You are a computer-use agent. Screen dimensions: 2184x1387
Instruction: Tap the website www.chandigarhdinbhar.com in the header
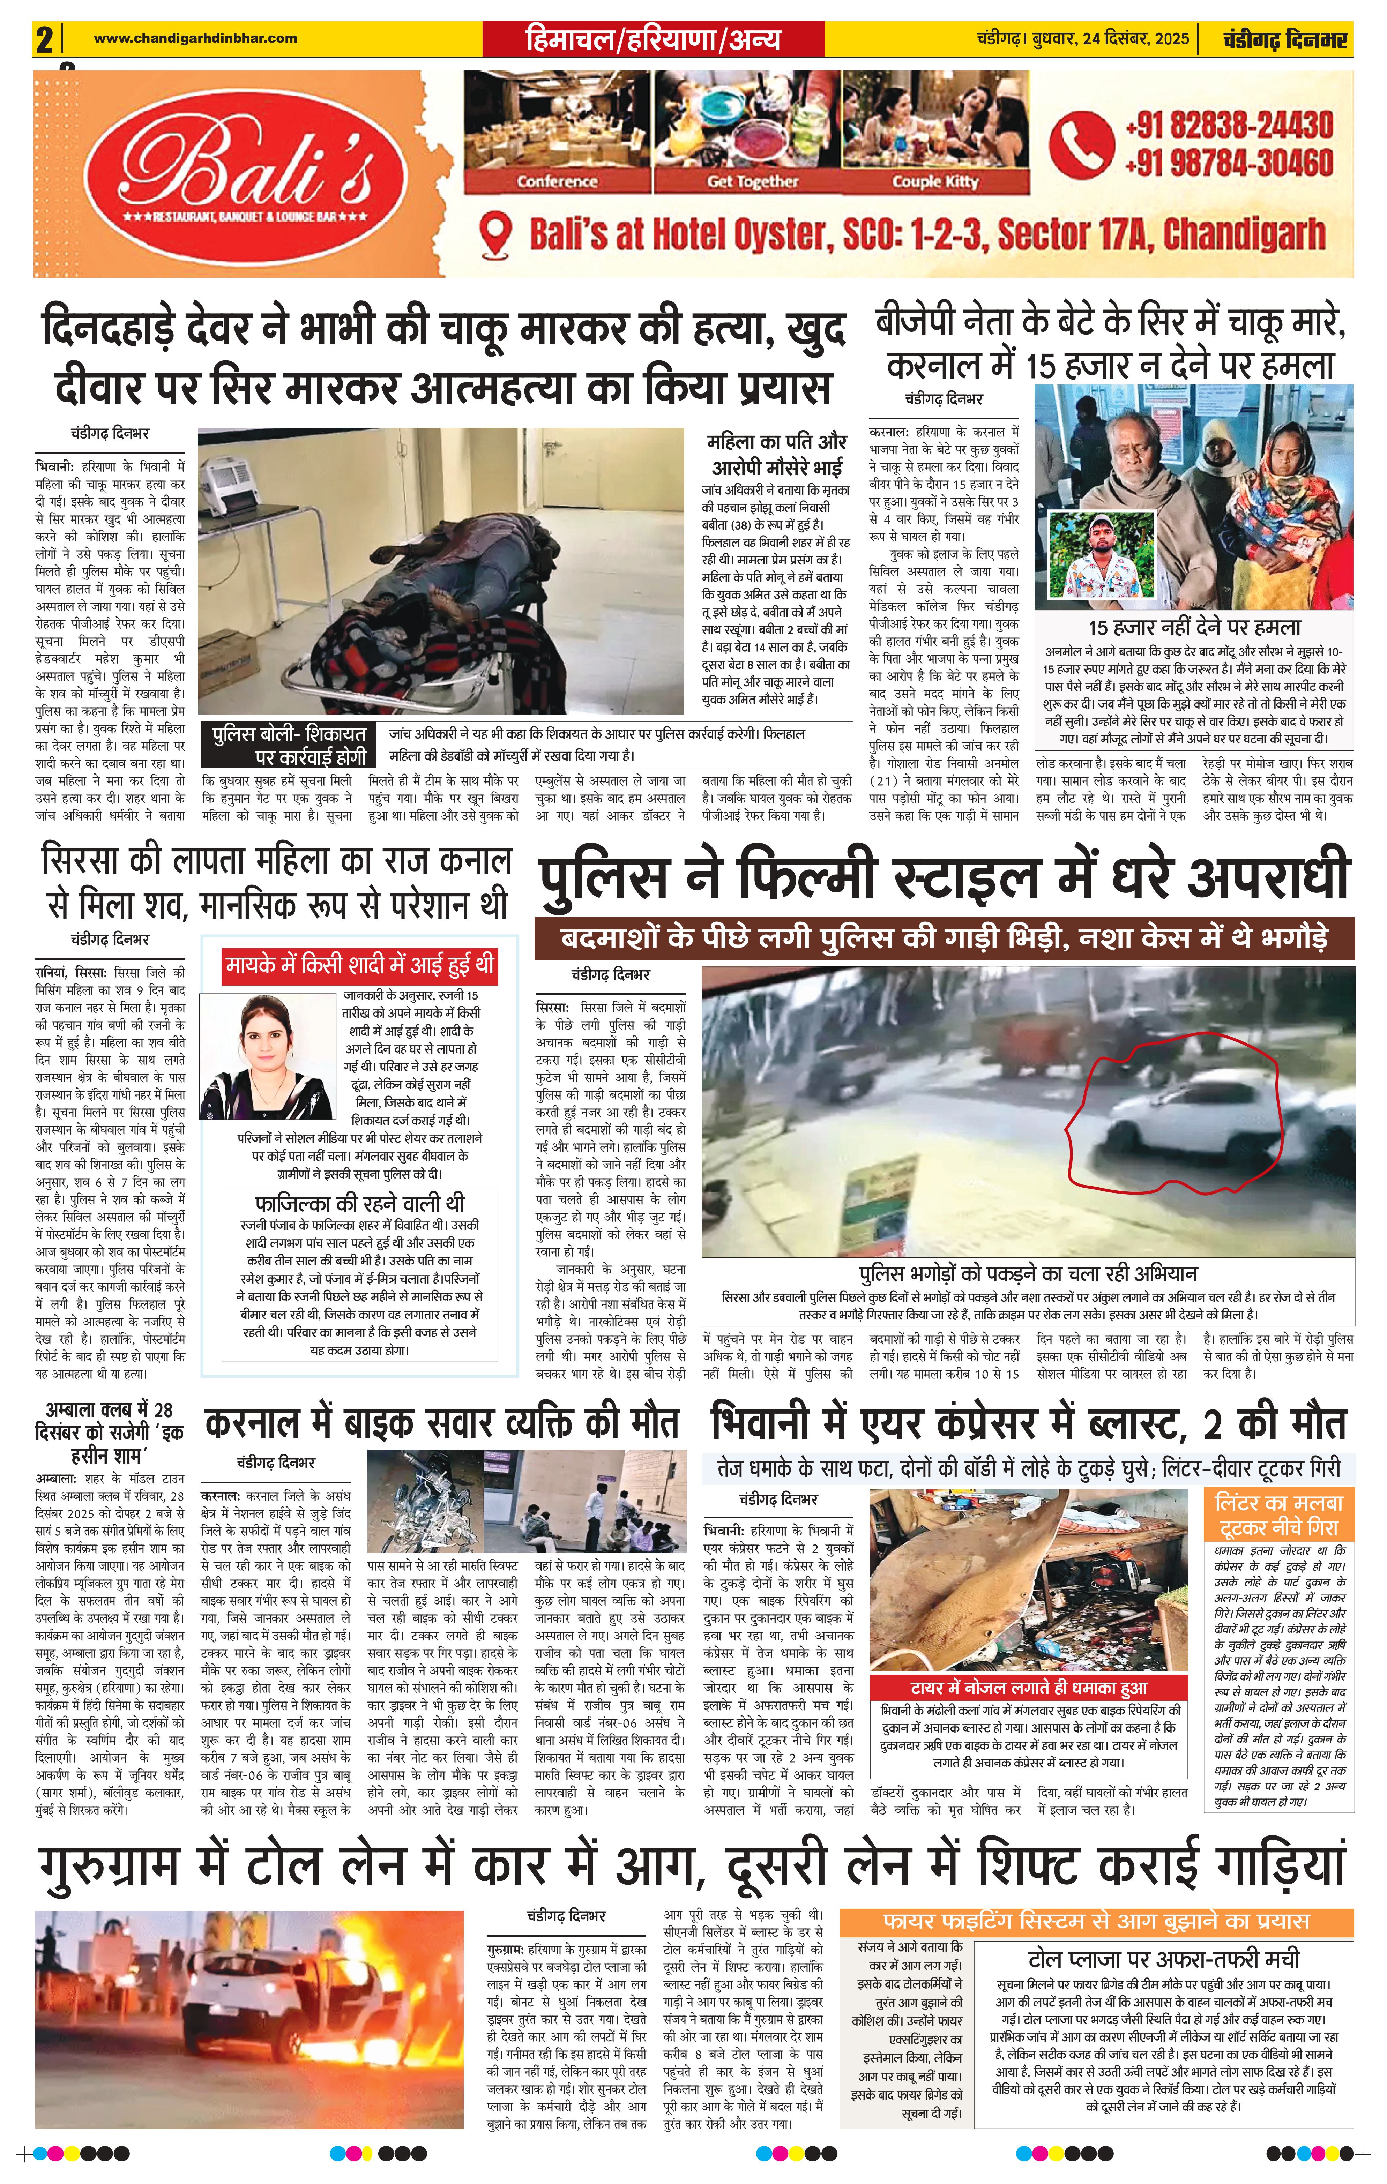pyautogui.click(x=195, y=38)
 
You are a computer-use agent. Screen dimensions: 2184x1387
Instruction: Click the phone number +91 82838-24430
pyautogui.click(x=1229, y=124)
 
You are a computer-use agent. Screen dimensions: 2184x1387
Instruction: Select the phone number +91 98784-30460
pyautogui.click(x=1229, y=163)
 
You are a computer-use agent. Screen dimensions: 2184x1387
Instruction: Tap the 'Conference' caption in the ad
pyautogui.click(x=557, y=181)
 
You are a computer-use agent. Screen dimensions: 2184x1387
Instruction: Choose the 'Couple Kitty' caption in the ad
pyautogui.click(x=935, y=181)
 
